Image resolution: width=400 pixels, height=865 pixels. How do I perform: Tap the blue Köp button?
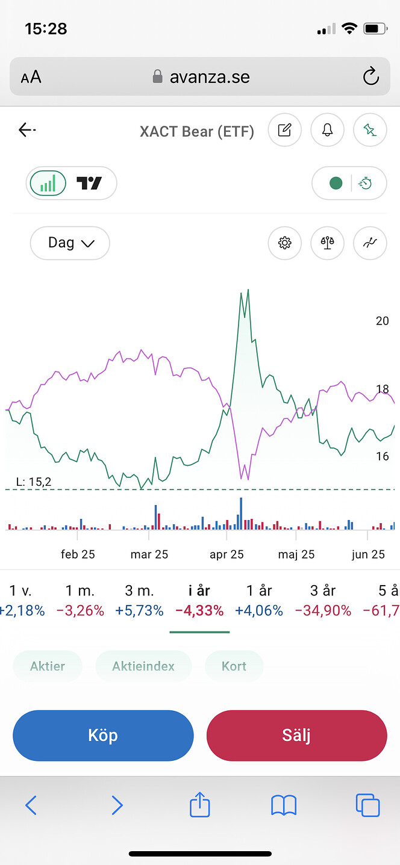tap(103, 736)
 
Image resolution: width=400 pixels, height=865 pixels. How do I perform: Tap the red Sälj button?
tap(296, 736)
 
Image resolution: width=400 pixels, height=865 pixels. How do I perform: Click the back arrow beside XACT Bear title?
tap(27, 129)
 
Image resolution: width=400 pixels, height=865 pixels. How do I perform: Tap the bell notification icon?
tap(327, 129)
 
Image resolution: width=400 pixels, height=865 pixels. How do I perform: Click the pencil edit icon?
tap(284, 129)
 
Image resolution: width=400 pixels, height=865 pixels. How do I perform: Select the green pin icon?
tap(370, 129)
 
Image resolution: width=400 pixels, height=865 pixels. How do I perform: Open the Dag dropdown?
tap(70, 243)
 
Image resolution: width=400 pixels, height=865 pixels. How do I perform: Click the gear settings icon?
tap(284, 243)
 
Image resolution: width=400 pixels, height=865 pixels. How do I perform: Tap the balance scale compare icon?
tap(327, 243)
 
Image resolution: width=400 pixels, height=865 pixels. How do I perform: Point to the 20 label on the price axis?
tap(382, 321)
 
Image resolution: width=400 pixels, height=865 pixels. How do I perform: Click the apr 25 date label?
tap(227, 554)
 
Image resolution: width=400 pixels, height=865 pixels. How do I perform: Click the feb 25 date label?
tap(78, 554)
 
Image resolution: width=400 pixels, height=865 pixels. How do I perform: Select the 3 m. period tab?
tap(139, 591)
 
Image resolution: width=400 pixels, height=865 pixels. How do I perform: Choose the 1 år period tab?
tap(259, 591)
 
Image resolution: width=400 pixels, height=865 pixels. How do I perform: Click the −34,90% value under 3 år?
tap(323, 610)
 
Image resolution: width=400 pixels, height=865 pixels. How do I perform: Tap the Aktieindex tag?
tap(143, 666)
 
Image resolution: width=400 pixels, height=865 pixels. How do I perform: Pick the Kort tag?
tap(234, 666)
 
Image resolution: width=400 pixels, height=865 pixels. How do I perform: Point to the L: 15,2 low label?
tap(34, 482)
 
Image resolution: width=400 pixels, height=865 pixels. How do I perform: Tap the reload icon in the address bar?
tap(370, 76)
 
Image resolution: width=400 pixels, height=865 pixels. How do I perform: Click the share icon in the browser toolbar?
tap(200, 805)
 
